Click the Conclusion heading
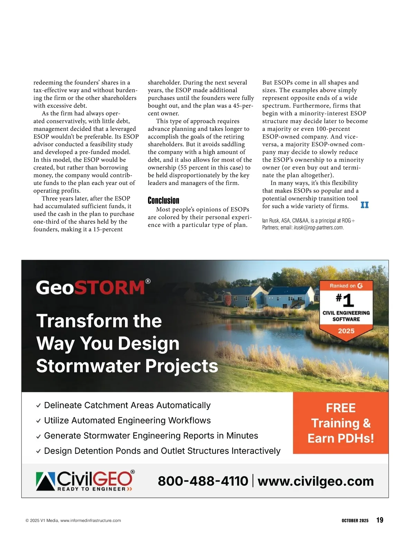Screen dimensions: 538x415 point(163,201)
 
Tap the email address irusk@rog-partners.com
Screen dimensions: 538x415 point(318,228)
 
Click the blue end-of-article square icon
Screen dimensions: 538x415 point(365,205)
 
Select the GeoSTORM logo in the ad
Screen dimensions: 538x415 point(93,288)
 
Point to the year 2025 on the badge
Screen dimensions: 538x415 point(346,331)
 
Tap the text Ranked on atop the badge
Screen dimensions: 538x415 point(342,286)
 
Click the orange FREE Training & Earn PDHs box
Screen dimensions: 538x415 point(341,423)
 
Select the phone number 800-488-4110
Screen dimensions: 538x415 point(203,481)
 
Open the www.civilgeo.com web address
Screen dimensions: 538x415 point(316,481)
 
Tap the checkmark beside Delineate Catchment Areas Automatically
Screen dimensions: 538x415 point(38,406)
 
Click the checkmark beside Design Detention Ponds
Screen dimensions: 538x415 point(38,451)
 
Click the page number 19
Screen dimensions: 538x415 point(380,520)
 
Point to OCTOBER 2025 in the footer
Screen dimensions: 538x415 point(355,520)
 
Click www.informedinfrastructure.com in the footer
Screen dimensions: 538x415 point(91,520)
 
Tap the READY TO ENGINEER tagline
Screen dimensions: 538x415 point(92,489)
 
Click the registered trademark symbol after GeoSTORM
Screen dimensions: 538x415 point(148,281)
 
